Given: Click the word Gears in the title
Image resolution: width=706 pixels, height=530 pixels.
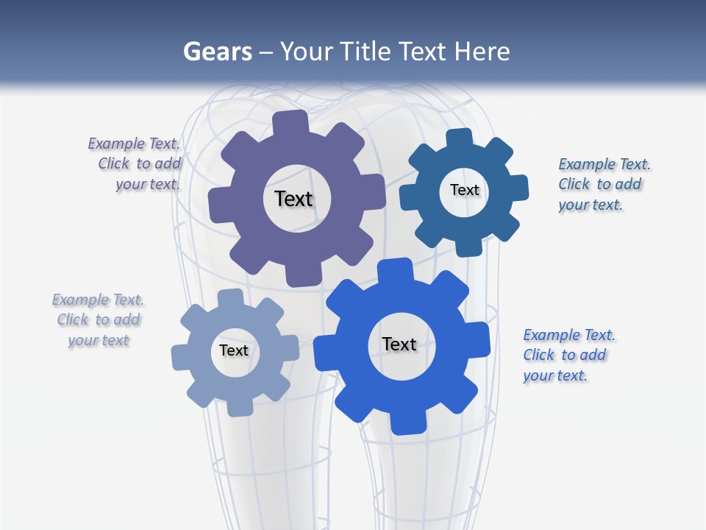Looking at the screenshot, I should [x=217, y=52].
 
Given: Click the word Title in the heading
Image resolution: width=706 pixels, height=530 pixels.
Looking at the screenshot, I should [x=366, y=52].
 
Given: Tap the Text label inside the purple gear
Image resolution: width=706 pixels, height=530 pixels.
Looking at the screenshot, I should [x=293, y=199].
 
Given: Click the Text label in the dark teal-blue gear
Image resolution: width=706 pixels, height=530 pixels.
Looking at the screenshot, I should [x=464, y=190].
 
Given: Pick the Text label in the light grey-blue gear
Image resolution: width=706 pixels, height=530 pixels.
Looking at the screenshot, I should [x=234, y=350].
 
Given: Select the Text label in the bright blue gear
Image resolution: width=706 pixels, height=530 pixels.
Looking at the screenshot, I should [x=399, y=344].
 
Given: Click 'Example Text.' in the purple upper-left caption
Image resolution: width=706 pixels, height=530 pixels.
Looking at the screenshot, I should [x=134, y=144].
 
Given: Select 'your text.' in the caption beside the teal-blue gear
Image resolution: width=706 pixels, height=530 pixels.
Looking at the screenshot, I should [x=590, y=205].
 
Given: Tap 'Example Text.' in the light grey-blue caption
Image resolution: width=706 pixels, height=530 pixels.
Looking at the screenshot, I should [x=98, y=300].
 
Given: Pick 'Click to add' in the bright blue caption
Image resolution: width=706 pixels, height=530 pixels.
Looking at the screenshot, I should [x=564, y=355].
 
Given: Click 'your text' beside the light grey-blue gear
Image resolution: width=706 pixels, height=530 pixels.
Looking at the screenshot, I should [x=98, y=340].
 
